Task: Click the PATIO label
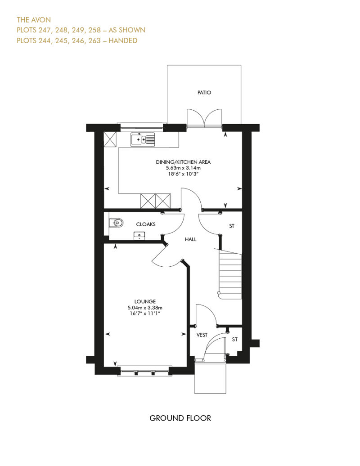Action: click(x=204, y=92)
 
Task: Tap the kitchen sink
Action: click(x=143, y=139)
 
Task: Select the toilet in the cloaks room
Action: click(x=116, y=223)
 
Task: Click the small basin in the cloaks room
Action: click(x=139, y=236)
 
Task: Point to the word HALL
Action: click(x=190, y=239)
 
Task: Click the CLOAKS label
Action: click(x=146, y=224)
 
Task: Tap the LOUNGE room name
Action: click(x=145, y=301)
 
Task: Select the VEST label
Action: click(x=202, y=335)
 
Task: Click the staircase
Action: click(x=230, y=274)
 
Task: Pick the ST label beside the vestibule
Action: click(x=235, y=340)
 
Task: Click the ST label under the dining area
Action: click(x=232, y=226)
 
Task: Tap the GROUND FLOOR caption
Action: click(x=180, y=418)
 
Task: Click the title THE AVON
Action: click(x=34, y=20)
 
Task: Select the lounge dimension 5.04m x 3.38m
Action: click(x=145, y=308)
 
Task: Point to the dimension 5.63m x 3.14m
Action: click(x=183, y=168)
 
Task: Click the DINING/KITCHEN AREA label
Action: click(x=183, y=162)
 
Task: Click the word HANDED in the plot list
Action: click(x=123, y=40)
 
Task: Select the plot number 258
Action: click(x=94, y=30)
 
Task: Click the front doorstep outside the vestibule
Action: click(x=211, y=378)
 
